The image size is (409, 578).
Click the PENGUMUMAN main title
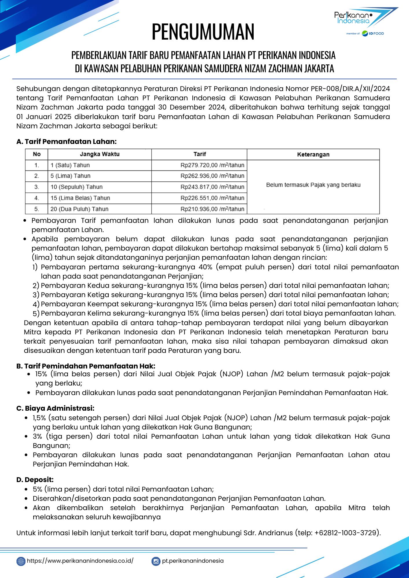[203, 32]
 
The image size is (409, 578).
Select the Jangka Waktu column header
[100, 154]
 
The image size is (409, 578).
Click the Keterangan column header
[313, 154]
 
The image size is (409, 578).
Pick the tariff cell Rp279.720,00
[212, 165]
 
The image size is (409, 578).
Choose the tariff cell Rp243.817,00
[212, 187]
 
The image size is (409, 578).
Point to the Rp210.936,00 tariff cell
[212, 209]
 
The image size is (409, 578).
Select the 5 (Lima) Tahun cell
[70, 176]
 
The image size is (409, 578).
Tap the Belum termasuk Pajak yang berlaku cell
[313, 185]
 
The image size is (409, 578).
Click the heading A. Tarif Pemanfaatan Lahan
[67, 142]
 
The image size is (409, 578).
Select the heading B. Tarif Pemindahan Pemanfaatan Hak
[86, 366]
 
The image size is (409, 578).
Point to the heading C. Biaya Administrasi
[56, 408]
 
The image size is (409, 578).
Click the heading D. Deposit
[35, 480]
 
